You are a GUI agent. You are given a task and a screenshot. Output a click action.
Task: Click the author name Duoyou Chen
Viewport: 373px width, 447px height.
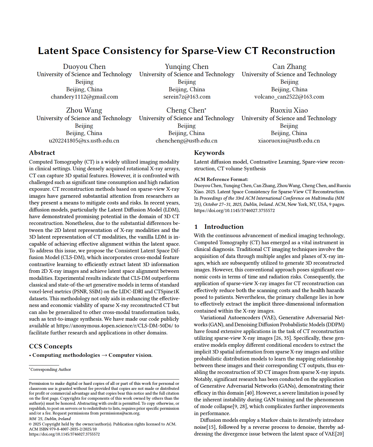coord(84,67)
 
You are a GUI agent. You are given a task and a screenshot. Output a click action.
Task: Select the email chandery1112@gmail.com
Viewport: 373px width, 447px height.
coord(84,97)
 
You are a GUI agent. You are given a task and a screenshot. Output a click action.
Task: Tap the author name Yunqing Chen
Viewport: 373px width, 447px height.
coord(187,67)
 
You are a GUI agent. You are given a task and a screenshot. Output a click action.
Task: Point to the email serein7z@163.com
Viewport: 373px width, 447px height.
coord(187,97)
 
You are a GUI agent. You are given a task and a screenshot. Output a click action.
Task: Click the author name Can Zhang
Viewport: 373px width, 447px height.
coord(289,67)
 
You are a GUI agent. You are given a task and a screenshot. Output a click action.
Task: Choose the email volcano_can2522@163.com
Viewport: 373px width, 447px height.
coord(289,97)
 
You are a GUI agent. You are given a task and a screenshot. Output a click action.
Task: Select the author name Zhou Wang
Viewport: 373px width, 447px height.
coord(84,110)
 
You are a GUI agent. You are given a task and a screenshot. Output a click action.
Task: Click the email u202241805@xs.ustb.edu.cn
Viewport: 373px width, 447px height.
coord(84,141)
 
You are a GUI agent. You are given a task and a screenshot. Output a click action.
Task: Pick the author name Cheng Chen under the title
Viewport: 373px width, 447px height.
coord(185,110)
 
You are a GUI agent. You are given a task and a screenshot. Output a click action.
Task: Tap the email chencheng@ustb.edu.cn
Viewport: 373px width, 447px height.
coord(187,141)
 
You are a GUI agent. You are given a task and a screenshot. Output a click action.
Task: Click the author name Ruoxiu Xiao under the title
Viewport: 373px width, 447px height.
coord(289,110)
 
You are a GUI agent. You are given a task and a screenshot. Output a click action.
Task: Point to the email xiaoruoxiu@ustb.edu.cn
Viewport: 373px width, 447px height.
coord(289,141)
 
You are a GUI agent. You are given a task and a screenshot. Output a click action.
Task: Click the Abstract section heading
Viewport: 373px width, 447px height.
coord(42,153)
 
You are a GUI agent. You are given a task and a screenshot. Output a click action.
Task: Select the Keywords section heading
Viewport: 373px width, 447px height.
coord(209,153)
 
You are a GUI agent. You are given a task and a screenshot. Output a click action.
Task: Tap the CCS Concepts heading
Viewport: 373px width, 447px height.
coord(50,346)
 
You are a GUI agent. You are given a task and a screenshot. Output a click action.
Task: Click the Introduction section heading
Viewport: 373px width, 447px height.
coord(224,227)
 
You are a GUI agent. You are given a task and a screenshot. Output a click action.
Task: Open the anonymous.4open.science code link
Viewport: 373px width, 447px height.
coord(114,326)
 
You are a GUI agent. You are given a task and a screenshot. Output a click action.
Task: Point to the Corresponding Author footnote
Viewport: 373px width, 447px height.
coord(50,370)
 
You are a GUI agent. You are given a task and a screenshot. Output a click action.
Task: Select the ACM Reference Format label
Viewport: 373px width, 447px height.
coord(221,179)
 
